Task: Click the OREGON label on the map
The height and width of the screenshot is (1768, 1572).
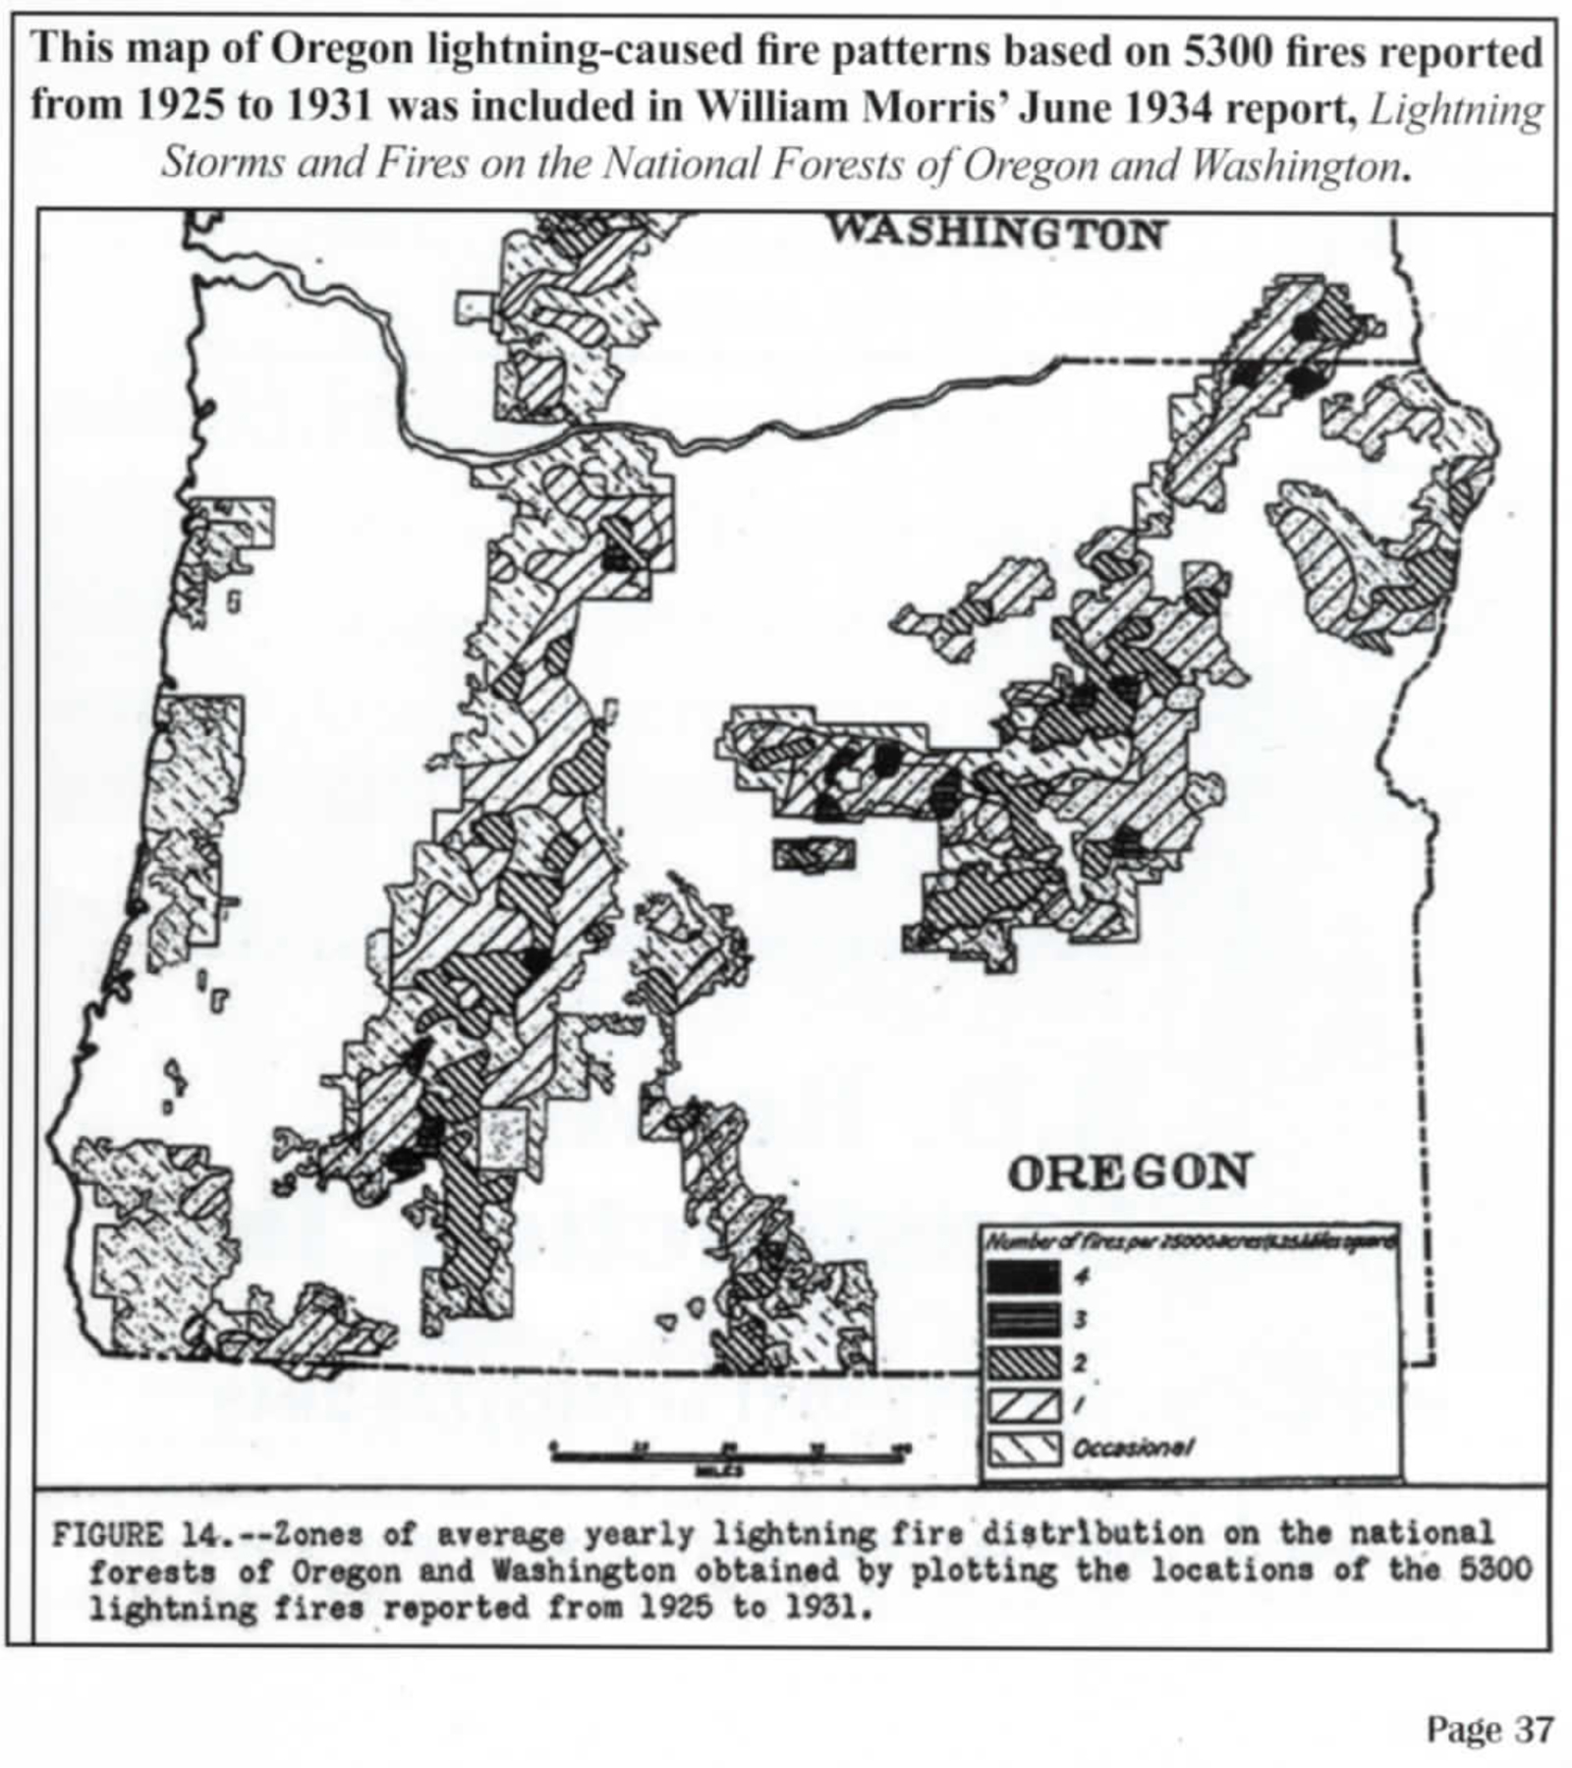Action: pyautogui.click(x=1128, y=1171)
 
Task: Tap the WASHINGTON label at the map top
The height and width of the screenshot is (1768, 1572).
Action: pyautogui.click(x=995, y=234)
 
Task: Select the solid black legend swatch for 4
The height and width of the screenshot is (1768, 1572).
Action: pyautogui.click(x=1023, y=1277)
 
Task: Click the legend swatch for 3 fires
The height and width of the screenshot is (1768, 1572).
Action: pyautogui.click(x=1023, y=1319)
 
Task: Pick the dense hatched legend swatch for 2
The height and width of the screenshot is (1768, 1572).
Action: pyautogui.click(x=1023, y=1362)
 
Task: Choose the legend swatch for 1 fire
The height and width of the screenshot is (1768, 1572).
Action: pyautogui.click(x=1023, y=1405)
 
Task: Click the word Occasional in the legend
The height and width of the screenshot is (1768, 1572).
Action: pyautogui.click(x=1132, y=1448)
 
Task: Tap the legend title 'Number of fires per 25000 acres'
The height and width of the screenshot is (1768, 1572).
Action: pyautogui.click(x=1189, y=1242)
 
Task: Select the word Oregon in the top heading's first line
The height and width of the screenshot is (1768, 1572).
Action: pyautogui.click(x=334, y=50)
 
